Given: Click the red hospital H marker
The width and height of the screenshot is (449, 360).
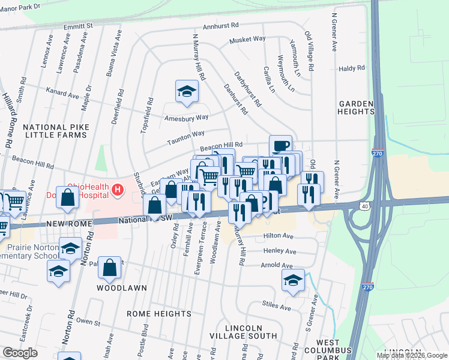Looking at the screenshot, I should tap(118, 191).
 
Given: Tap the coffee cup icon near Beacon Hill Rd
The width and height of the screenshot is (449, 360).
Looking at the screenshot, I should tap(280, 146).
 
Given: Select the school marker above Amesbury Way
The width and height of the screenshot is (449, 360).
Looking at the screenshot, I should tap(186, 91).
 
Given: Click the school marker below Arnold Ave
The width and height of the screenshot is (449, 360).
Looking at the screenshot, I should tap(292, 280).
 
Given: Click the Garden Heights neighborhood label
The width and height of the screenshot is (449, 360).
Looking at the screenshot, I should tap(356, 107).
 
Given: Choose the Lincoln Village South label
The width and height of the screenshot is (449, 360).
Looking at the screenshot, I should tap(252, 332).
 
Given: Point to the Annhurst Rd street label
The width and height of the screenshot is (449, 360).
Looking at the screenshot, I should tap(221, 26).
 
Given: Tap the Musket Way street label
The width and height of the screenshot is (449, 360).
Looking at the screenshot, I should tap(247, 40).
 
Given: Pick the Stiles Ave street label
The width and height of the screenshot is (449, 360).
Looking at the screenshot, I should tap(277, 307).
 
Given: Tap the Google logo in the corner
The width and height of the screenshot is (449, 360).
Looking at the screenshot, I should tap(19, 353).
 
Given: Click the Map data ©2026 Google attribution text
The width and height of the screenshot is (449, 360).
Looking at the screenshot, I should tap(412, 355).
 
